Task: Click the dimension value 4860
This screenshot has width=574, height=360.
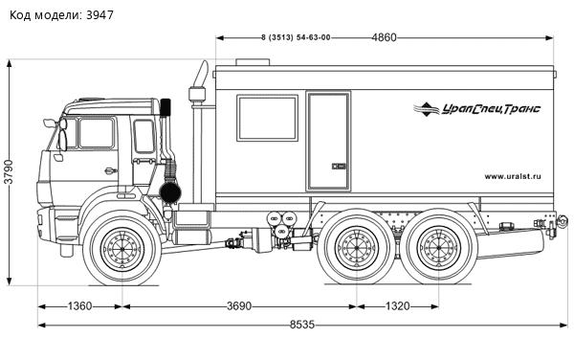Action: [x=384, y=37]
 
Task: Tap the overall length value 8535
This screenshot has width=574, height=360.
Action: [x=301, y=326]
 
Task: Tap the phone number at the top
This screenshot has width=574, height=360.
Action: [x=296, y=37]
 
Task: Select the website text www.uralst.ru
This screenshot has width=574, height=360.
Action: [x=513, y=175]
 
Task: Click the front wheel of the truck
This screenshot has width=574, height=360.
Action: [x=121, y=251]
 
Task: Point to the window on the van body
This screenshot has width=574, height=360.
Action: [x=267, y=118]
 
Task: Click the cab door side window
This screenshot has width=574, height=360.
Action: [x=96, y=133]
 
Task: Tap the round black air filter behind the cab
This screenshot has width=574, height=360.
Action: [x=171, y=191]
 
